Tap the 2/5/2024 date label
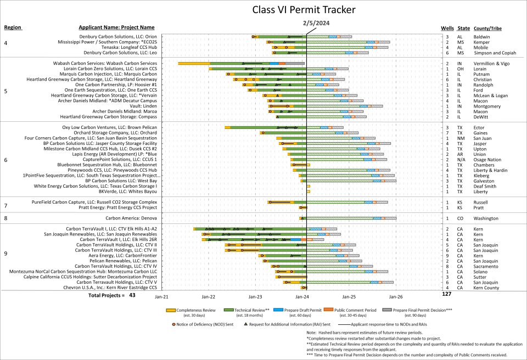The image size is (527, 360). [315, 24]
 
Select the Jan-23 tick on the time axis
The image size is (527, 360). [255, 296]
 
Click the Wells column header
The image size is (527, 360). [447, 28]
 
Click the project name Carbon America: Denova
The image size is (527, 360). [134, 218]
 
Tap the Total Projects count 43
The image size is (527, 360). [132, 295]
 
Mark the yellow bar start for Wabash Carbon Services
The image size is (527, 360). [179, 63]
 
